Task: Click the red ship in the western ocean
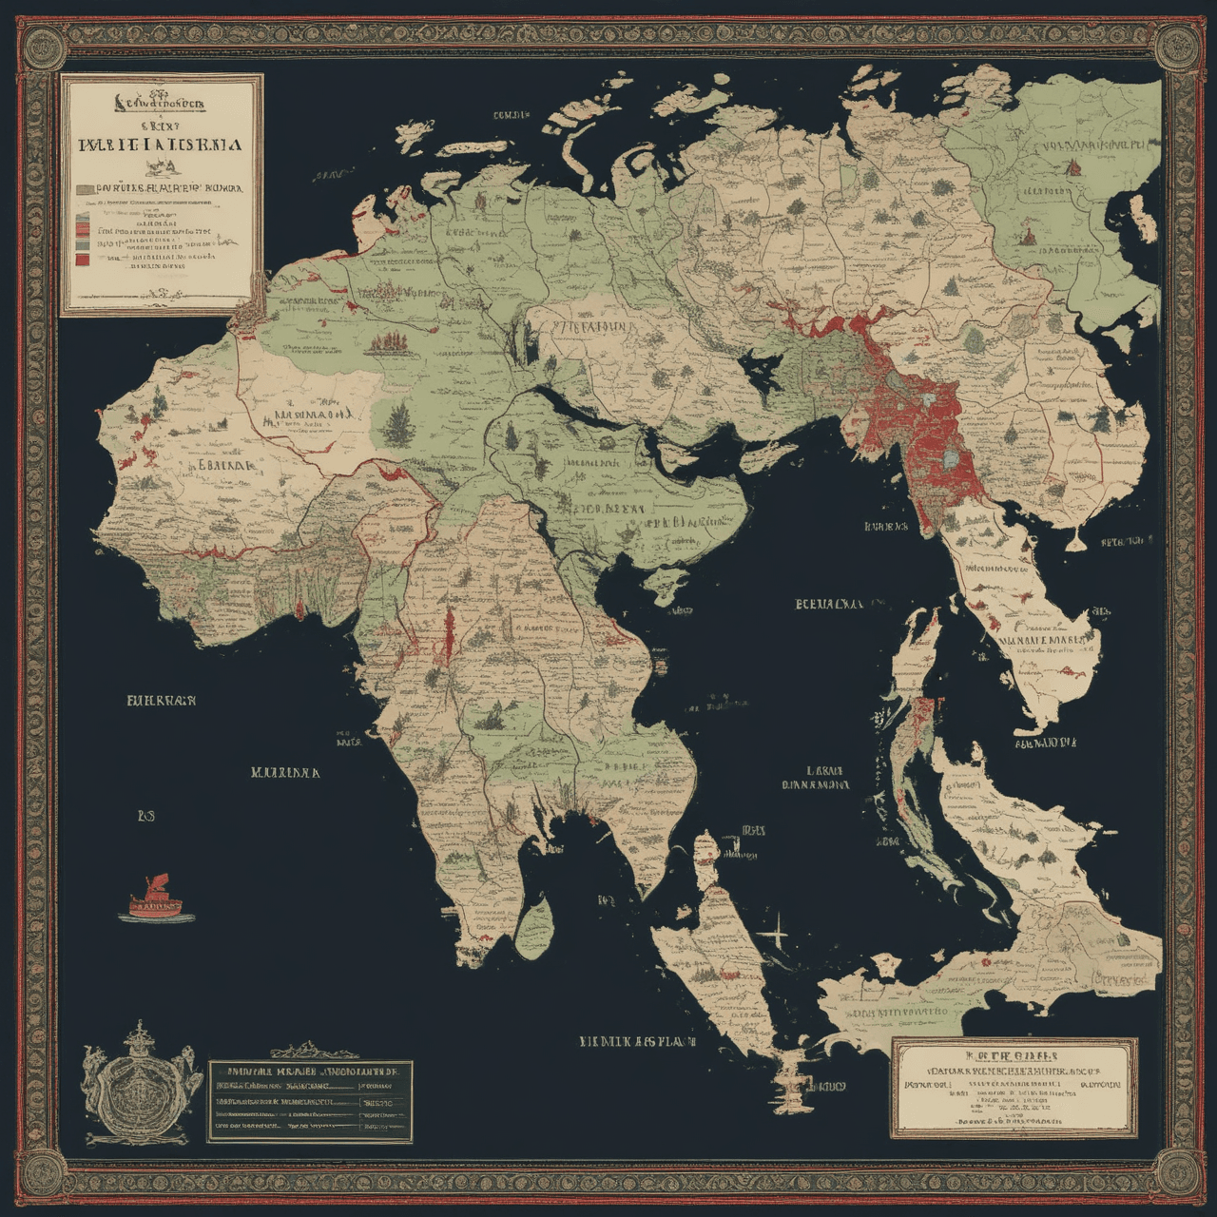(155, 898)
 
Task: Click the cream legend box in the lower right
(1014, 1088)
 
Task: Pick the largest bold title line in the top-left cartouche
(160, 145)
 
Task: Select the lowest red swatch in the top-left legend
(84, 257)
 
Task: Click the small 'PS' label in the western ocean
(145, 815)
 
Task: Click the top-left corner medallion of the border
(42, 43)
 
